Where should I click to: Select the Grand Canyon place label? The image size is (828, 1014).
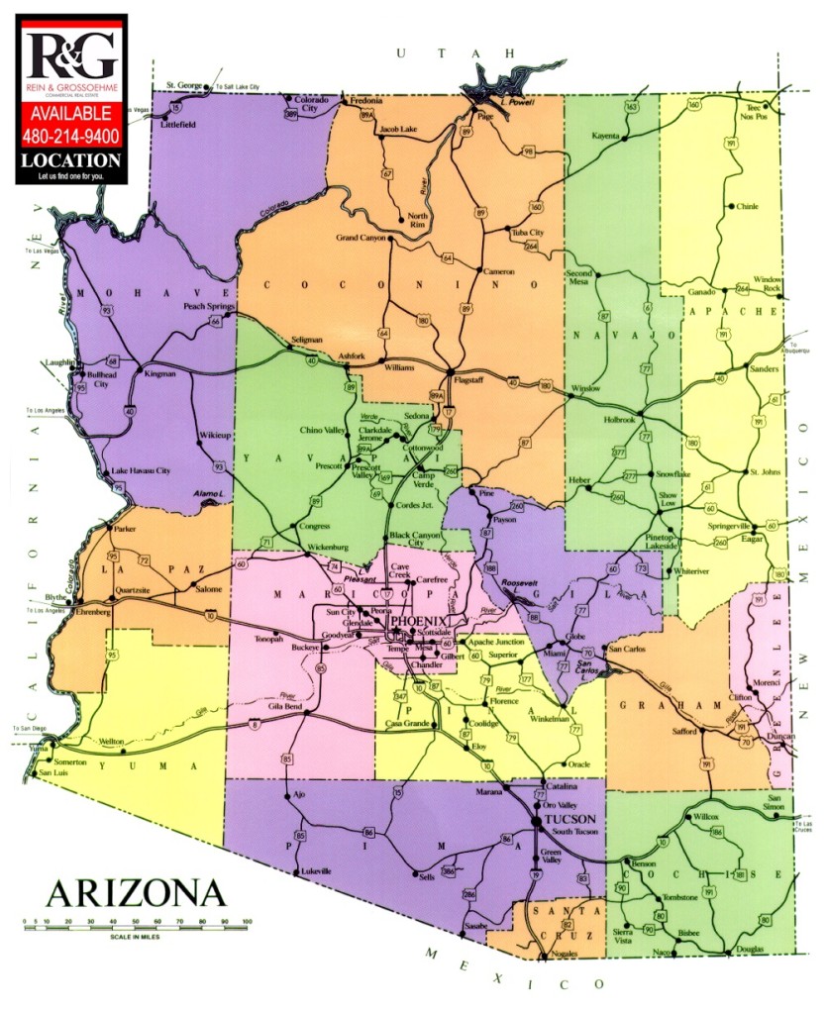(x=361, y=239)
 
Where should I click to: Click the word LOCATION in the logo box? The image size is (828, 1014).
(x=71, y=159)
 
